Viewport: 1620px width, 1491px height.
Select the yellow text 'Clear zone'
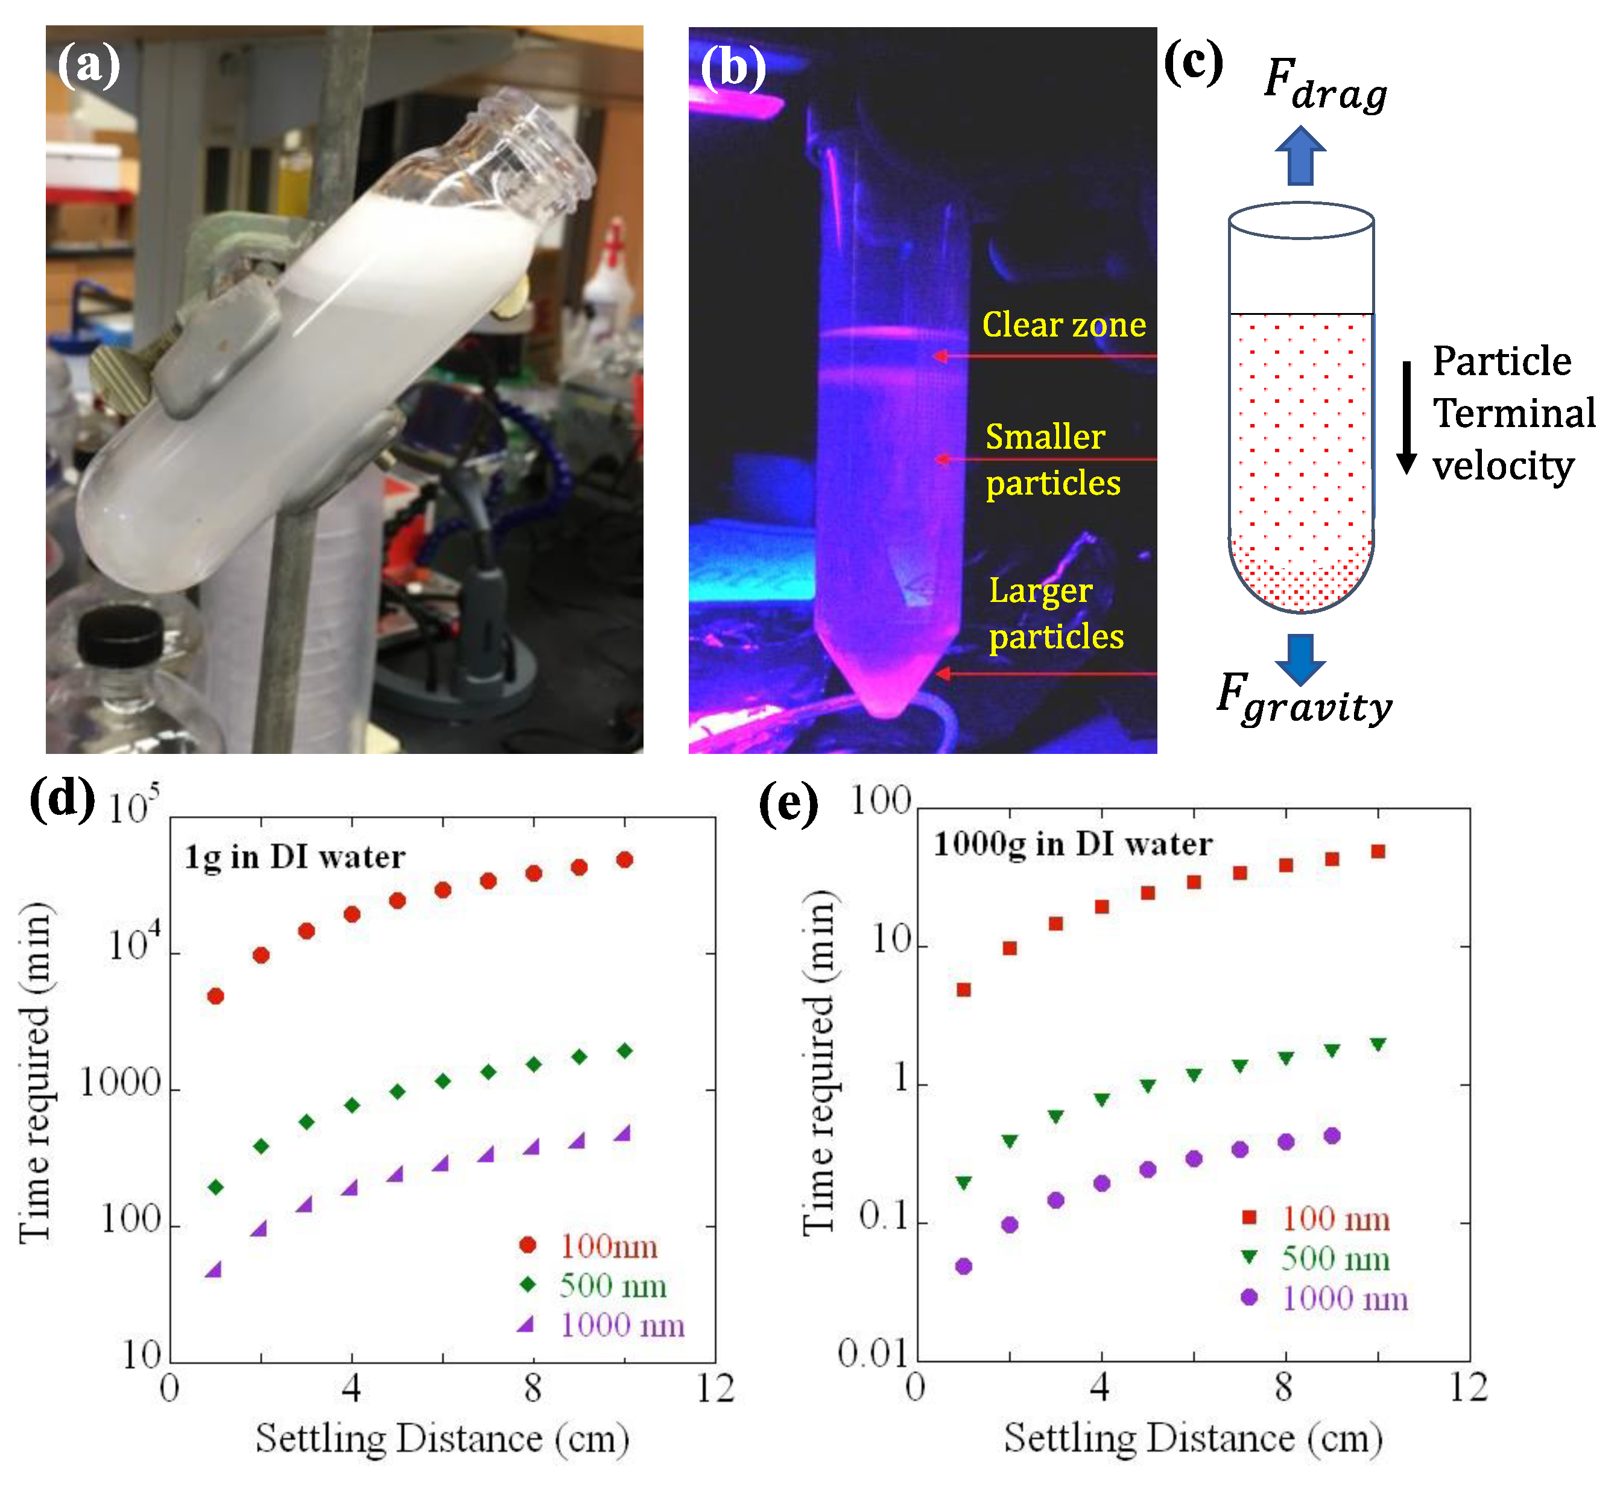[1063, 325]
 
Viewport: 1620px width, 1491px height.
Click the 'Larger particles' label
[1055, 613]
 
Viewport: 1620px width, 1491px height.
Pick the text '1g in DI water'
[294, 857]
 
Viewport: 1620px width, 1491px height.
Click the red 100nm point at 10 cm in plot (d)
[624, 860]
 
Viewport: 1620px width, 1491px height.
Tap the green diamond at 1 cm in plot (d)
[215, 1188]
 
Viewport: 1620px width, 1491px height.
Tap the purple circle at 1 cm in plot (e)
[963, 1266]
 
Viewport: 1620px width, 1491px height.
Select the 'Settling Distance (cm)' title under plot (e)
[1192, 1439]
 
